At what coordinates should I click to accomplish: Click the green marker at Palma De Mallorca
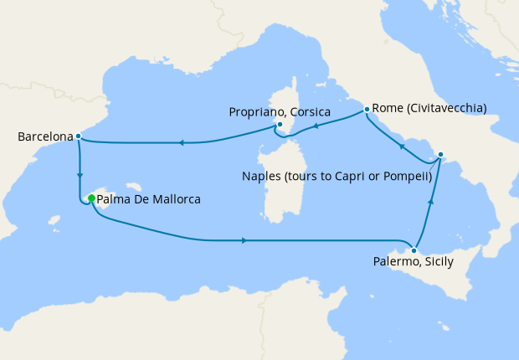(91, 199)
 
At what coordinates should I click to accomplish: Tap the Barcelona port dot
(78, 136)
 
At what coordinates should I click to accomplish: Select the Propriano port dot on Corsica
(280, 126)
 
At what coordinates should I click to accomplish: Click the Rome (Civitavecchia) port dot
(367, 109)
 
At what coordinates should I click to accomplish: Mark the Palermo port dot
(414, 249)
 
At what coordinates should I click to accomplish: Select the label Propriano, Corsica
(280, 111)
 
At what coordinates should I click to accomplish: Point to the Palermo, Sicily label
(414, 262)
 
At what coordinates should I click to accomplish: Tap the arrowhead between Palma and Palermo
(243, 240)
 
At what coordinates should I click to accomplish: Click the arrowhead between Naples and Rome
(402, 147)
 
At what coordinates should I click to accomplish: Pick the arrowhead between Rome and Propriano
(317, 127)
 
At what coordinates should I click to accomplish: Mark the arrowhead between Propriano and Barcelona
(181, 142)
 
